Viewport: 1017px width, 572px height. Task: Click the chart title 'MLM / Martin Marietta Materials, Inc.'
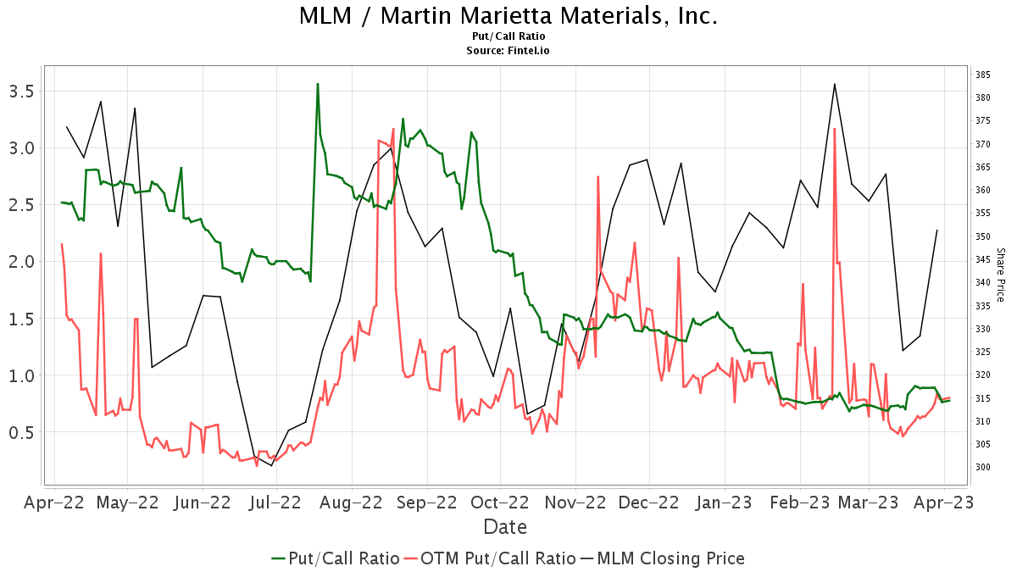point(508,16)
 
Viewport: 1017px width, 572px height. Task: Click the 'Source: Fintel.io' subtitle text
point(508,51)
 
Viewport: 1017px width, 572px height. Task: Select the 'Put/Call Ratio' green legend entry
point(336,558)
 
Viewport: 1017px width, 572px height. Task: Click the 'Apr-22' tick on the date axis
point(54,503)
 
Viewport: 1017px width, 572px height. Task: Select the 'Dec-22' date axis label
point(648,503)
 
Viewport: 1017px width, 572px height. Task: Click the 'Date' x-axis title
point(505,527)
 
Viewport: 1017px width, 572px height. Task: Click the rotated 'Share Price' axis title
point(1000,275)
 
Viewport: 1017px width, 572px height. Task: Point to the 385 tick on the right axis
point(983,75)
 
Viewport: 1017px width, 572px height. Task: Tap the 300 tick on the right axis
point(983,467)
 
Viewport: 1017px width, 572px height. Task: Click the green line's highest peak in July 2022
point(317,84)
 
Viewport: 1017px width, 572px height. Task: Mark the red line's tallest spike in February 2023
point(835,129)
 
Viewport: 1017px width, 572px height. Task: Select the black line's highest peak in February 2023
point(835,84)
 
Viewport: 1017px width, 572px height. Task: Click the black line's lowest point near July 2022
point(272,465)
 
